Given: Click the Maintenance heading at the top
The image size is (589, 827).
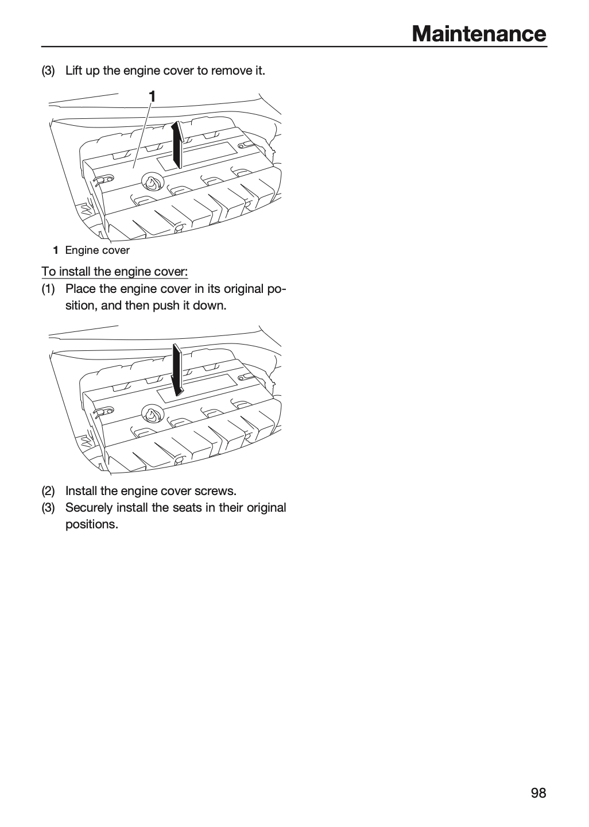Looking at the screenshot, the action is point(479,34).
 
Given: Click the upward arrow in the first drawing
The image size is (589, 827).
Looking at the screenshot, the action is point(177,144).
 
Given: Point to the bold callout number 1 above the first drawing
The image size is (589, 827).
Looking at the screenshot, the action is point(152,96).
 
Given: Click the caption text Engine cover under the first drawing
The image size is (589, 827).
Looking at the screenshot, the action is point(98,250).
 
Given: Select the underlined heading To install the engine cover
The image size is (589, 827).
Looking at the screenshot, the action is point(115,271).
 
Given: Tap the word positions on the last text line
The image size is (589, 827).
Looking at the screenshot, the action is point(92,525).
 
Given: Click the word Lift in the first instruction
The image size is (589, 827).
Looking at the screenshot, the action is point(73,70).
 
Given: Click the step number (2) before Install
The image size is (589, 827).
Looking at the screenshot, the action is point(48,491).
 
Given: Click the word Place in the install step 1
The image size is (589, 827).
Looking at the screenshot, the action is point(80,289).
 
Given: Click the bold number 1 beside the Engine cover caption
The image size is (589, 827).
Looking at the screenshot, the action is point(56,250).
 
